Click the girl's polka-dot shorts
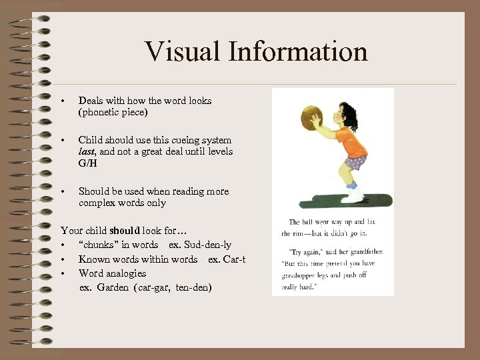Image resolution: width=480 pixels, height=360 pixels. point(355,163)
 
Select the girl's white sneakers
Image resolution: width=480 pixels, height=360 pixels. point(352,195)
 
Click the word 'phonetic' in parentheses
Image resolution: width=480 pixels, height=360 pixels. point(101,113)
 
